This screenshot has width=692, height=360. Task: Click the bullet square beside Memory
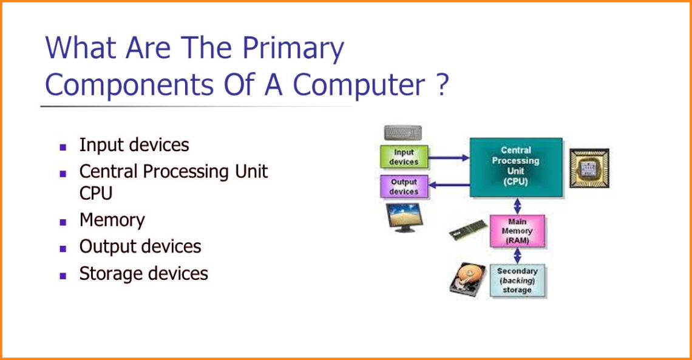(63, 222)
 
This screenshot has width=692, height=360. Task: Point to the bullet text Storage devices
(143, 274)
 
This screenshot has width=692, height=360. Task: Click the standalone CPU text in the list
(96, 193)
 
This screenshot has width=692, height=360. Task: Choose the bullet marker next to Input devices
(63, 147)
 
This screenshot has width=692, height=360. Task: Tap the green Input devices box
(404, 157)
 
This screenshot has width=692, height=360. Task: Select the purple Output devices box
(404, 186)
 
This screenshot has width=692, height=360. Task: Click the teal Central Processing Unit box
(516, 167)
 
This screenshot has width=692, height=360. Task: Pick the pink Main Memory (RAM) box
(517, 231)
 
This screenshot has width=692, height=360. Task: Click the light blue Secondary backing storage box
(517, 280)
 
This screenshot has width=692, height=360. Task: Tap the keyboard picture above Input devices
(403, 133)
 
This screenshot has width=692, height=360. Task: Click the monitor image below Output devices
(404, 217)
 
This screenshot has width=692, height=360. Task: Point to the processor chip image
(589, 168)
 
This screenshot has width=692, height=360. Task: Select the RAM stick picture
(468, 229)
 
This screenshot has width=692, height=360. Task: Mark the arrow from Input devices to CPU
(449, 157)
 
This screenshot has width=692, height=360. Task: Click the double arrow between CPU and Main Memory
(517, 206)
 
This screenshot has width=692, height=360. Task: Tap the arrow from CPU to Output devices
(449, 185)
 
